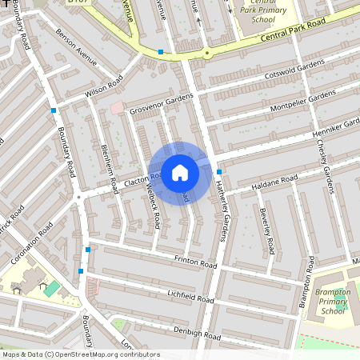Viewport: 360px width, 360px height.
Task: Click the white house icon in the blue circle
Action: [180, 172]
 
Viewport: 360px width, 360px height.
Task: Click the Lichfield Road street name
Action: [191, 297]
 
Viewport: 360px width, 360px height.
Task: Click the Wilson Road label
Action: [103, 89]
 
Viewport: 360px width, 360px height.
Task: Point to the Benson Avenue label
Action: [76, 47]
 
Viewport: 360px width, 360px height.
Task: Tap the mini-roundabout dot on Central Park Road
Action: [207, 54]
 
